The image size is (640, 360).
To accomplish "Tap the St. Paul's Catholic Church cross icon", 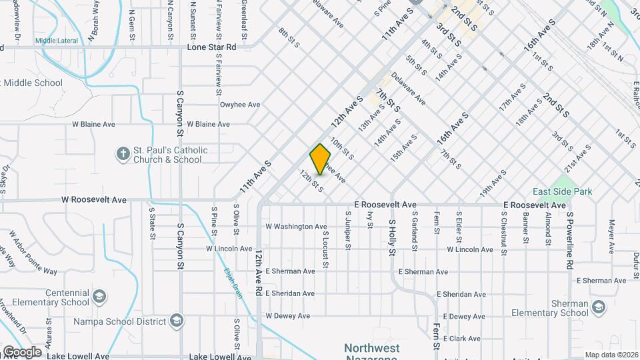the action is click(123, 155).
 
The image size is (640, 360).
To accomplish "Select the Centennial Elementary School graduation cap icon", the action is click(99, 296).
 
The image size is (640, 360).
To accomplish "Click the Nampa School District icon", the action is click(176, 321).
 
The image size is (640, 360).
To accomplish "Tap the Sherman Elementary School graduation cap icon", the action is click(598, 307).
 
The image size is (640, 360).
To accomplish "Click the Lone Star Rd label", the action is click(211, 47).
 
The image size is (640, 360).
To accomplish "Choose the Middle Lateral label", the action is click(57, 41).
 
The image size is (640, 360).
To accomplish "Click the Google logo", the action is click(21, 352).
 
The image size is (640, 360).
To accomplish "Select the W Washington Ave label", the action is click(296, 227).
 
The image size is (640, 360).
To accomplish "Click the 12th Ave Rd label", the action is click(258, 273).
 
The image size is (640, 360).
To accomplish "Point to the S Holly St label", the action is click(393, 237).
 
